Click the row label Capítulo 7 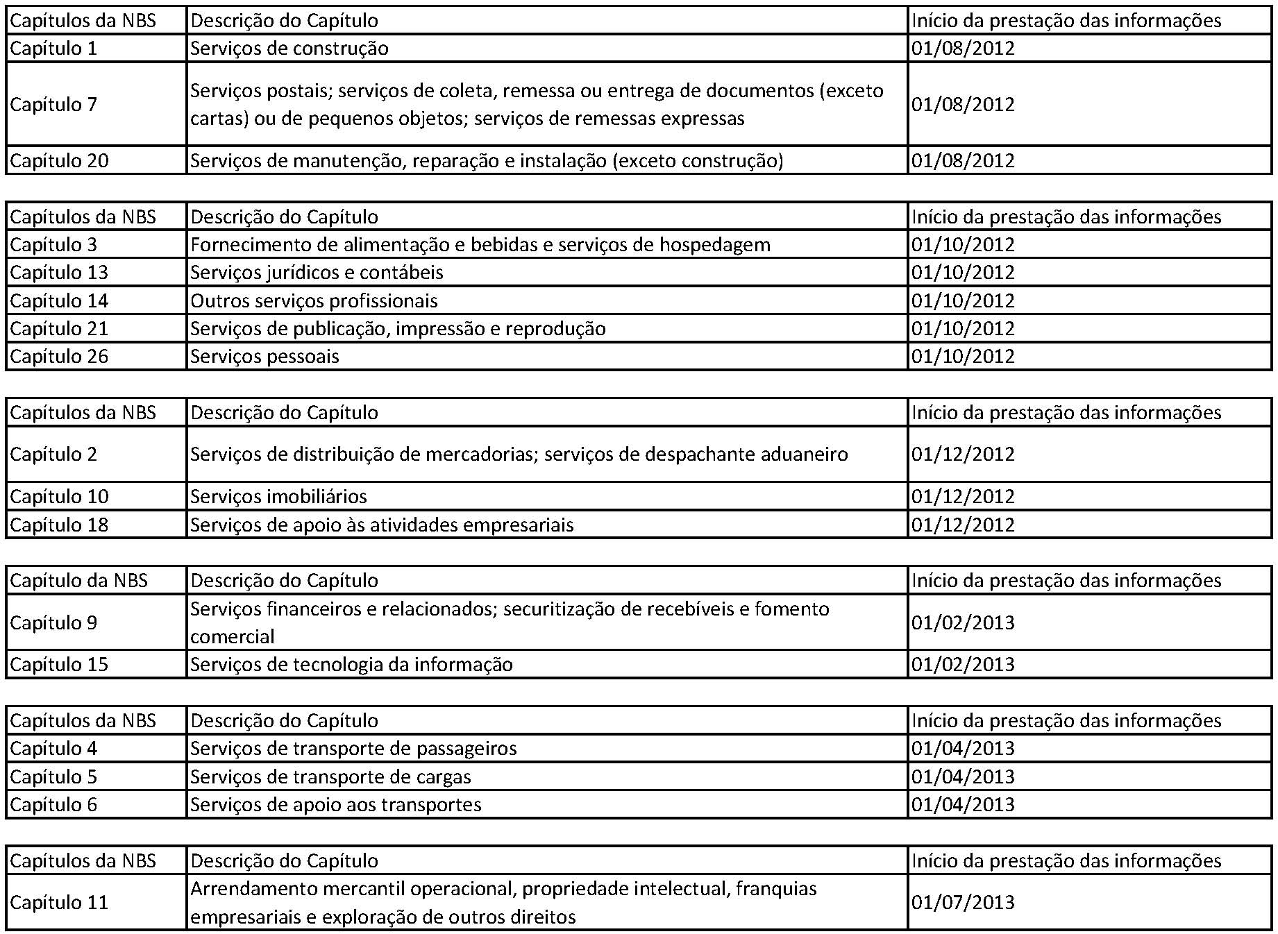tap(53, 105)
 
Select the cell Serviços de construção tap(289, 49)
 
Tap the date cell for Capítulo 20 tap(963, 161)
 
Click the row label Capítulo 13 tap(59, 273)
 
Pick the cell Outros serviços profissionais tap(314, 301)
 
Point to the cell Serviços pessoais tap(264, 357)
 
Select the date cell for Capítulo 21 tap(963, 329)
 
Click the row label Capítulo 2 tap(53, 455)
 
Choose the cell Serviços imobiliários tap(278, 497)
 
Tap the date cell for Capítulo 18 tap(963, 525)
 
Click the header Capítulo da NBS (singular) tap(78, 581)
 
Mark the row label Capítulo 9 tap(53, 623)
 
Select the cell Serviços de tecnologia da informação tap(351, 665)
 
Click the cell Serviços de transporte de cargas tap(330, 777)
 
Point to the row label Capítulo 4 tap(53, 749)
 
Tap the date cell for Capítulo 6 tap(963, 805)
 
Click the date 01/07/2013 tap(963, 903)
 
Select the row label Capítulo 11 tap(59, 903)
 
